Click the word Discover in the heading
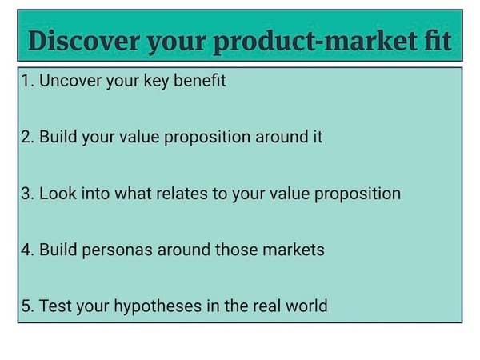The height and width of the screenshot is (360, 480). click(x=84, y=41)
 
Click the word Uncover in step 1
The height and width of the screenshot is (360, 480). click(x=70, y=81)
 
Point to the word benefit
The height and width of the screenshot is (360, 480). click(x=199, y=81)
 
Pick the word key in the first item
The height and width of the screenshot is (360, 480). click(x=156, y=82)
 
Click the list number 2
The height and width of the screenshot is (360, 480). click(x=27, y=137)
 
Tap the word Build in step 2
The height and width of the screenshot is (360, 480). click(x=58, y=137)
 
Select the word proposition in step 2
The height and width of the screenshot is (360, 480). click(x=207, y=138)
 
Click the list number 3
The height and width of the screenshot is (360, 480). click(x=27, y=194)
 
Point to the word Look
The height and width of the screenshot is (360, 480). click(x=58, y=194)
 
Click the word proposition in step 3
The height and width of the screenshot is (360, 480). click(x=358, y=194)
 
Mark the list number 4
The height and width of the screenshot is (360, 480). click(x=27, y=250)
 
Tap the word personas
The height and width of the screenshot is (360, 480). click(x=118, y=250)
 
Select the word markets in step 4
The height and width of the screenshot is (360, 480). click(x=294, y=250)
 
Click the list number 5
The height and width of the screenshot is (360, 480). click(x=27, y=306)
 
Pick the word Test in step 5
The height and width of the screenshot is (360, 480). click(x=55, y=306)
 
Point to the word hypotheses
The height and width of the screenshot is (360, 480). click(x=158, y=306)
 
